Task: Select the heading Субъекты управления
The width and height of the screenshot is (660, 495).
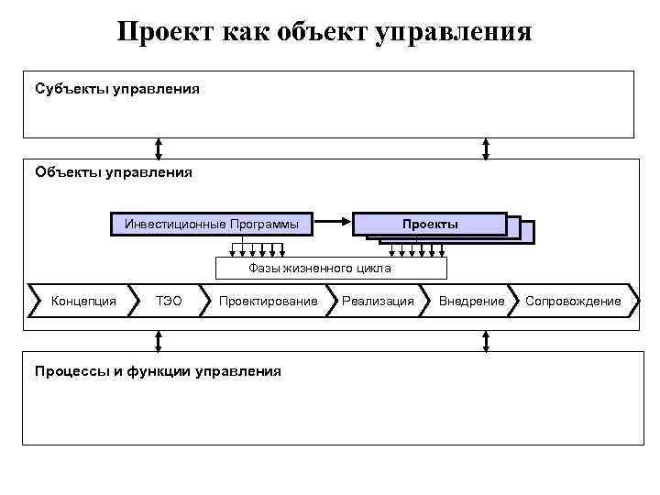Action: click(x=116, y=90)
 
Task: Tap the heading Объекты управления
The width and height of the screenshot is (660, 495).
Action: click(x=113, y=171)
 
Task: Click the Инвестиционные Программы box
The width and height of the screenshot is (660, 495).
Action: click(x=212, y=224)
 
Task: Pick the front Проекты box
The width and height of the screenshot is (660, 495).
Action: click(x=430, y=224)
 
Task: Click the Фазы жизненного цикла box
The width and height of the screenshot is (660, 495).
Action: click(x=331, y=268)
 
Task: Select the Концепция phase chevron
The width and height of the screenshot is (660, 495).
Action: click(x=82, y=301)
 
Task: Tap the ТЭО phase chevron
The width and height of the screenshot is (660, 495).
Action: click(x=169, y=301)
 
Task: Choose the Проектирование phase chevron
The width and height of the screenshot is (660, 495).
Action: click(x=268, y=301)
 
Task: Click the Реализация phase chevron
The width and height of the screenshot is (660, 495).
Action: click(x=378, y=301)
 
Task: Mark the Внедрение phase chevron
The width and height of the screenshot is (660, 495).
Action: click(x=471, y=301)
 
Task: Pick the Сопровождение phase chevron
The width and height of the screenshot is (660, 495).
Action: click(x=573, y=301)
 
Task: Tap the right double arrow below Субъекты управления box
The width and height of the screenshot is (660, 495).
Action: click(x=486, y=148)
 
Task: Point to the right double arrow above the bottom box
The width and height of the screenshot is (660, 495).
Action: click(x=486, y=341)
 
